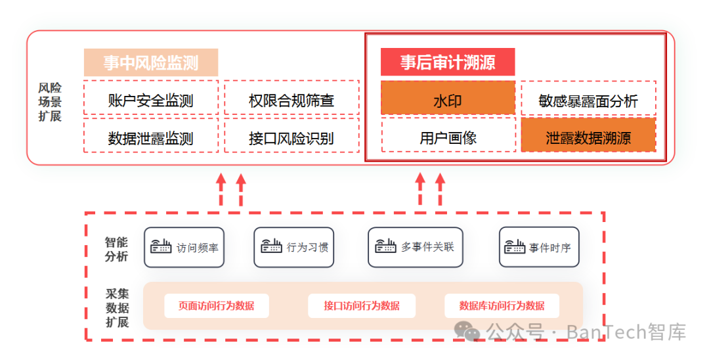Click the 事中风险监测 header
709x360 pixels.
151,62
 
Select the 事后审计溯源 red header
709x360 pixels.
448,62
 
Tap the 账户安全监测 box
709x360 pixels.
151,98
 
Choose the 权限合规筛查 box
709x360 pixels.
291,98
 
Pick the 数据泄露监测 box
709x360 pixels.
151,136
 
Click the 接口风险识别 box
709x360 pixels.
291,136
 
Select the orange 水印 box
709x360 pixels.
448,98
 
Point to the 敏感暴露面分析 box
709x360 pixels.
588,98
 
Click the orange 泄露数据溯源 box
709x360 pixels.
588,135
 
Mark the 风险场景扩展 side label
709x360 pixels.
50,102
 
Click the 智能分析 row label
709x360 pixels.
117,249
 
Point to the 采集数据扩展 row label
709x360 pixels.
118,308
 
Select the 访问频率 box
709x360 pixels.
184,248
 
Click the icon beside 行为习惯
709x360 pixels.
271,246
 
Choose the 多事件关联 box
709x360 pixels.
415,247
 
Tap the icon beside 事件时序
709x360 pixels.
515,246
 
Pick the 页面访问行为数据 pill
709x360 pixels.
217,305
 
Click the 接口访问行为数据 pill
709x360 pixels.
362,305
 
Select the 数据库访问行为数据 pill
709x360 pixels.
502,305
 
